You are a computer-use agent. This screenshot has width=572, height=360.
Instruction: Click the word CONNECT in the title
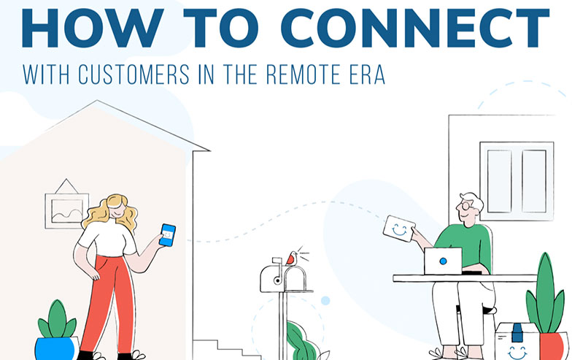pos(415,28)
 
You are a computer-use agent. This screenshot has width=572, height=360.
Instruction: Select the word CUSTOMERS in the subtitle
pos(134,74)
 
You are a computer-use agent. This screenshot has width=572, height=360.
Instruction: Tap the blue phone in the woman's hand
pos(168,235)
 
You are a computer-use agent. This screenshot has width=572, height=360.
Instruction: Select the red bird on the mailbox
pos(292,258)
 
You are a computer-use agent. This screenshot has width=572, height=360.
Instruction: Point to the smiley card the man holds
pos(399,229)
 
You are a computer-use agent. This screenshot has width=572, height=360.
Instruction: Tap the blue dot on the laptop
pos(443,261)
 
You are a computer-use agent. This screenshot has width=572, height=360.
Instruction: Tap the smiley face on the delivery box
pos(517,353)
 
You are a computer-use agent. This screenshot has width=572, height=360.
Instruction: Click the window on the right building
pos(517,181)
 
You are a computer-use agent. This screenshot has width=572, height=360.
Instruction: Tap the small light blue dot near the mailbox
pos(325,301)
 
